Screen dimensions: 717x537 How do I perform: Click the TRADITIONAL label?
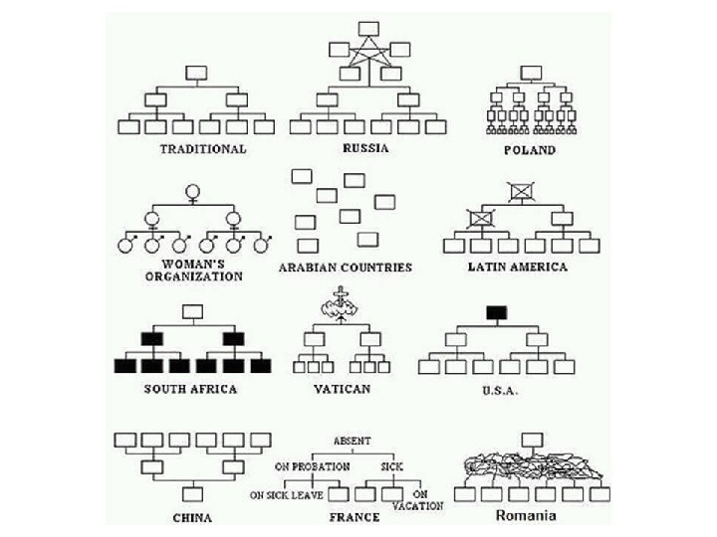202,149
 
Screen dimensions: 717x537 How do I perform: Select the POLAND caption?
530,150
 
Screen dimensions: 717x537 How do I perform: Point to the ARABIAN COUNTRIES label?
345,268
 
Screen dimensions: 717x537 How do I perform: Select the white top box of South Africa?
193,312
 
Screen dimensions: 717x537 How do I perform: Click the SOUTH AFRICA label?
190,389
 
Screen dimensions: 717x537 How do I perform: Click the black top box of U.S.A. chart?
496,312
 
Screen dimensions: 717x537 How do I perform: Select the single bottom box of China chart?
192,492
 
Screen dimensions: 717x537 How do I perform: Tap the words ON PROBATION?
313,465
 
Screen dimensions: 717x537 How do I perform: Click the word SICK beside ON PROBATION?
391,465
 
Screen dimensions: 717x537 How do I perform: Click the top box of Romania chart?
533,439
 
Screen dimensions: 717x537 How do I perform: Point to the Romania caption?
526,516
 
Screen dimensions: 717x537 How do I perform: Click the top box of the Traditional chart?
196,72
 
